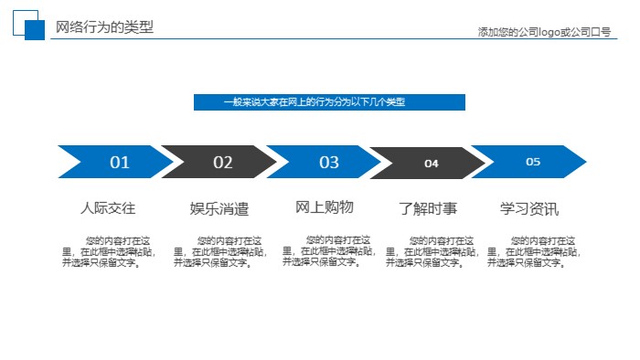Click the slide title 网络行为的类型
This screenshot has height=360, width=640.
104,27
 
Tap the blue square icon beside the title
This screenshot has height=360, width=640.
33,29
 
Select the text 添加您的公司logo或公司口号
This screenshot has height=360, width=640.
544,32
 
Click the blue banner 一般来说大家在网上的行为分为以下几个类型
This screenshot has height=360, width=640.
329,102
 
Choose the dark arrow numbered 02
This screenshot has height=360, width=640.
222,162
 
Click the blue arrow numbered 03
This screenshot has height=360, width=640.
328,162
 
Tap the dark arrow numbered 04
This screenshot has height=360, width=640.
431,163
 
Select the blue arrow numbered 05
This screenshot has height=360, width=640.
533,162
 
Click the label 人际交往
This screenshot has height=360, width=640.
108,208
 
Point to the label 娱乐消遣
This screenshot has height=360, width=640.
219,209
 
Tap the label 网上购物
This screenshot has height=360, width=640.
325,207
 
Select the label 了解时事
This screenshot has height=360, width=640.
429,208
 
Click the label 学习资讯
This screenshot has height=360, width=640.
529,208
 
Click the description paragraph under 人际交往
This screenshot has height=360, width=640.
107,251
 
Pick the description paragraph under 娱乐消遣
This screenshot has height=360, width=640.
219,251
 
